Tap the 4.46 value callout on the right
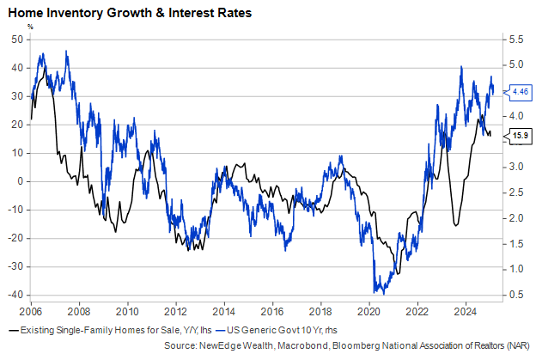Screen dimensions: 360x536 coord(521,90)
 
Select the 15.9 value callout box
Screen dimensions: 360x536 coord(521,135)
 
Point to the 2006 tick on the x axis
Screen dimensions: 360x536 coord(31,309)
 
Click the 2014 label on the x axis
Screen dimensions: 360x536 coord(224,309)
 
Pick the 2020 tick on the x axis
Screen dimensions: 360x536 coord(369,309)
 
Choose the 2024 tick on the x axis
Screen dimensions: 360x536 coord(466,309)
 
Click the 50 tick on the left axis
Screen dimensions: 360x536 coord(17,40)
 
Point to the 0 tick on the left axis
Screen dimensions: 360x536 coord(20,181)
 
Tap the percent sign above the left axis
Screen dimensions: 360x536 coord(30,27)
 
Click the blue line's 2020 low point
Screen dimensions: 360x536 coord(376,293)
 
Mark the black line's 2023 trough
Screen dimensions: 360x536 coord(456,225)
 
